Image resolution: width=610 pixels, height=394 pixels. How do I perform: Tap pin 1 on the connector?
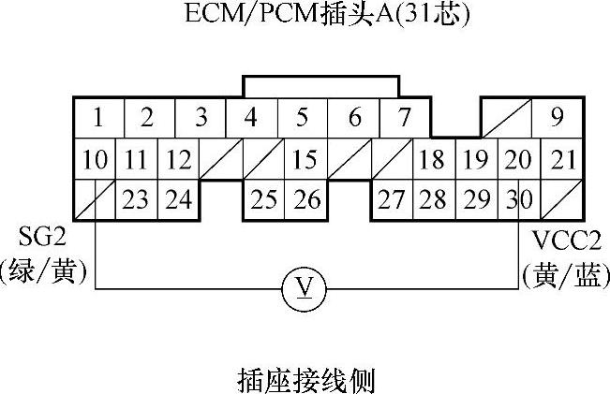(x=97, y=119)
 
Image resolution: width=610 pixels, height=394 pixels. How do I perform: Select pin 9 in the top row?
(x=557, y=119)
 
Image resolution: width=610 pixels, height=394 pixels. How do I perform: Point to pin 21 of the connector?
(x=562, y=160)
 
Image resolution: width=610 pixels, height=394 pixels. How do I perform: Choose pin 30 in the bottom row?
(x=514, y=199)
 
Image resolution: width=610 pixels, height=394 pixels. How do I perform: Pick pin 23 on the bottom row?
(x=136, y=199)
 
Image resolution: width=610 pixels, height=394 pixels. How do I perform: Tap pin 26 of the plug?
(x=306, y=199)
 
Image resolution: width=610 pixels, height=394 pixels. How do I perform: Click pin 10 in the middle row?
(x=94, y=160)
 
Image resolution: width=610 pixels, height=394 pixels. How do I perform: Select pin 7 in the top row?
(x=404, y=119)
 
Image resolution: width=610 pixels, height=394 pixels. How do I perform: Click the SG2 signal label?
(x=43, y=235)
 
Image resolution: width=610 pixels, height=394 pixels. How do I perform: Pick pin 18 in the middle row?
(x=432, y=160)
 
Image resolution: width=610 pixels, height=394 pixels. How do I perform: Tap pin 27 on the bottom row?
(x=391, y=199)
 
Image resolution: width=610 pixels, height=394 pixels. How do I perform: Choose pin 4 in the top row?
(x=250, y=119)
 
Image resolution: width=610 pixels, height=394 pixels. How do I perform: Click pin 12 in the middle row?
(x=178, y=160)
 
